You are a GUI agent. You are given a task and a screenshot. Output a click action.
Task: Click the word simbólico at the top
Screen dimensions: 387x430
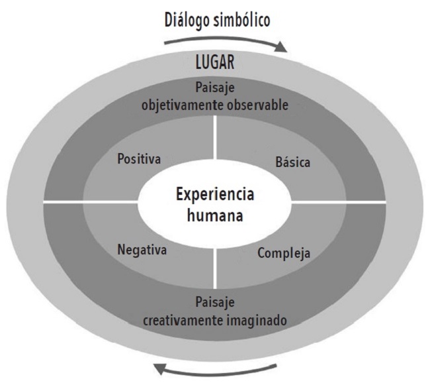coord(242,19)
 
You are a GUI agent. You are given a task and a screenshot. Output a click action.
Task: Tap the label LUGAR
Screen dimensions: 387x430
coord(216,65)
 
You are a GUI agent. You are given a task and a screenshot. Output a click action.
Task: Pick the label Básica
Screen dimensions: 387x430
coord(292,162)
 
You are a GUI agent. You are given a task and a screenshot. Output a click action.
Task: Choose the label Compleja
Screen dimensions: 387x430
coord(284,252)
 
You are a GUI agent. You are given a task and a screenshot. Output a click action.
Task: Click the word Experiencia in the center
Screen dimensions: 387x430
coord(215,195)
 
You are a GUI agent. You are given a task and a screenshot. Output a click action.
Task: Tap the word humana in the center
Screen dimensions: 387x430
coord(215,216)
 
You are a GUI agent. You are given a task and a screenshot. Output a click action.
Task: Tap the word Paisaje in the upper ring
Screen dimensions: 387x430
coord(215,88)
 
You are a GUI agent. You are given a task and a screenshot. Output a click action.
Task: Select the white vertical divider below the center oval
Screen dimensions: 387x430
coord(216,262)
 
